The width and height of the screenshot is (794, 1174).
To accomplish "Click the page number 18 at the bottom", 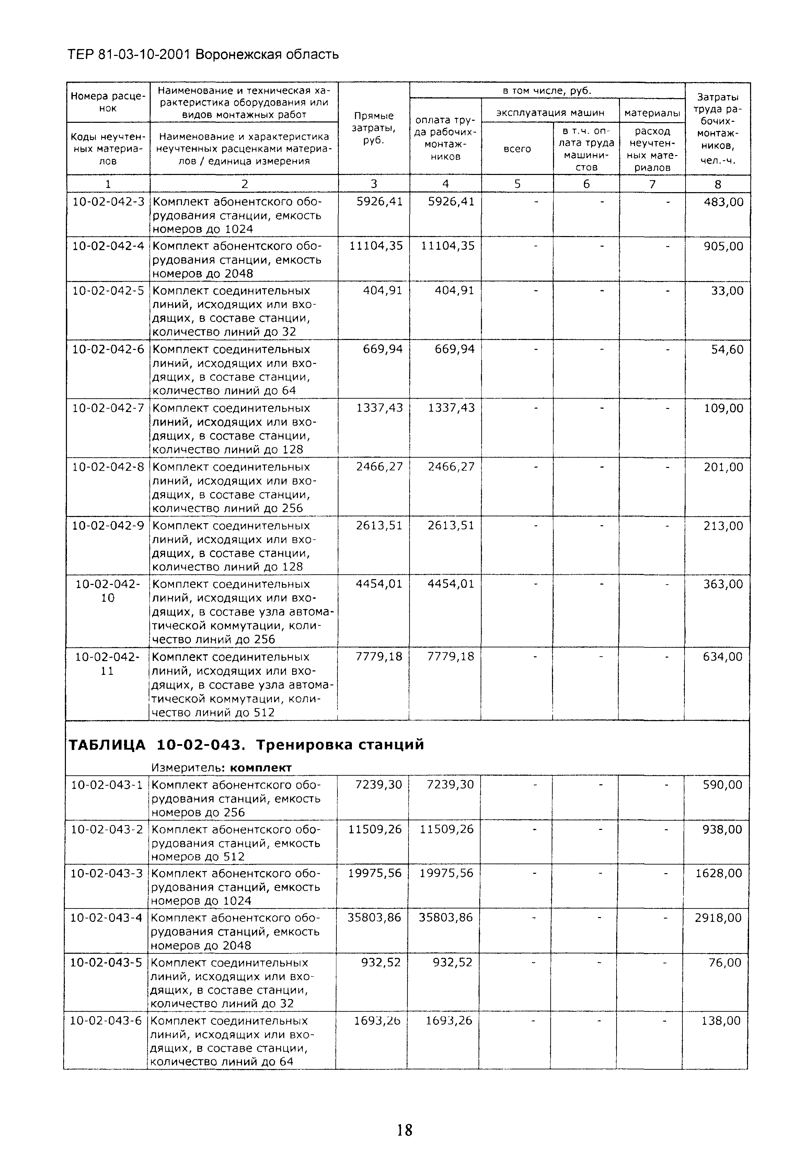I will [404, 1129].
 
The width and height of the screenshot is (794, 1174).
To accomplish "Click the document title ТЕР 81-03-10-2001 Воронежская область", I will [203, 54].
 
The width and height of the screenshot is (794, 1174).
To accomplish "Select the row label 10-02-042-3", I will [108, 202].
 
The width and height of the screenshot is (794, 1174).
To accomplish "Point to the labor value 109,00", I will [723, 408].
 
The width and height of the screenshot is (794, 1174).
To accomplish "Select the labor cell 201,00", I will [723, 467].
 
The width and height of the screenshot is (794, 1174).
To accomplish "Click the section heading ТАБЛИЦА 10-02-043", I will [246, 744].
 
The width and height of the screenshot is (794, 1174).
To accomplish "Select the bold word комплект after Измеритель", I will [260, 768].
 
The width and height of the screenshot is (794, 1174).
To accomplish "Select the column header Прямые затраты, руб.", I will [373, 128].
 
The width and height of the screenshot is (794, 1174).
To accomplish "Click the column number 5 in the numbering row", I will [517, 184].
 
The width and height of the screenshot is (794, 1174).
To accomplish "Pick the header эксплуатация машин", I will [550, 113].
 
